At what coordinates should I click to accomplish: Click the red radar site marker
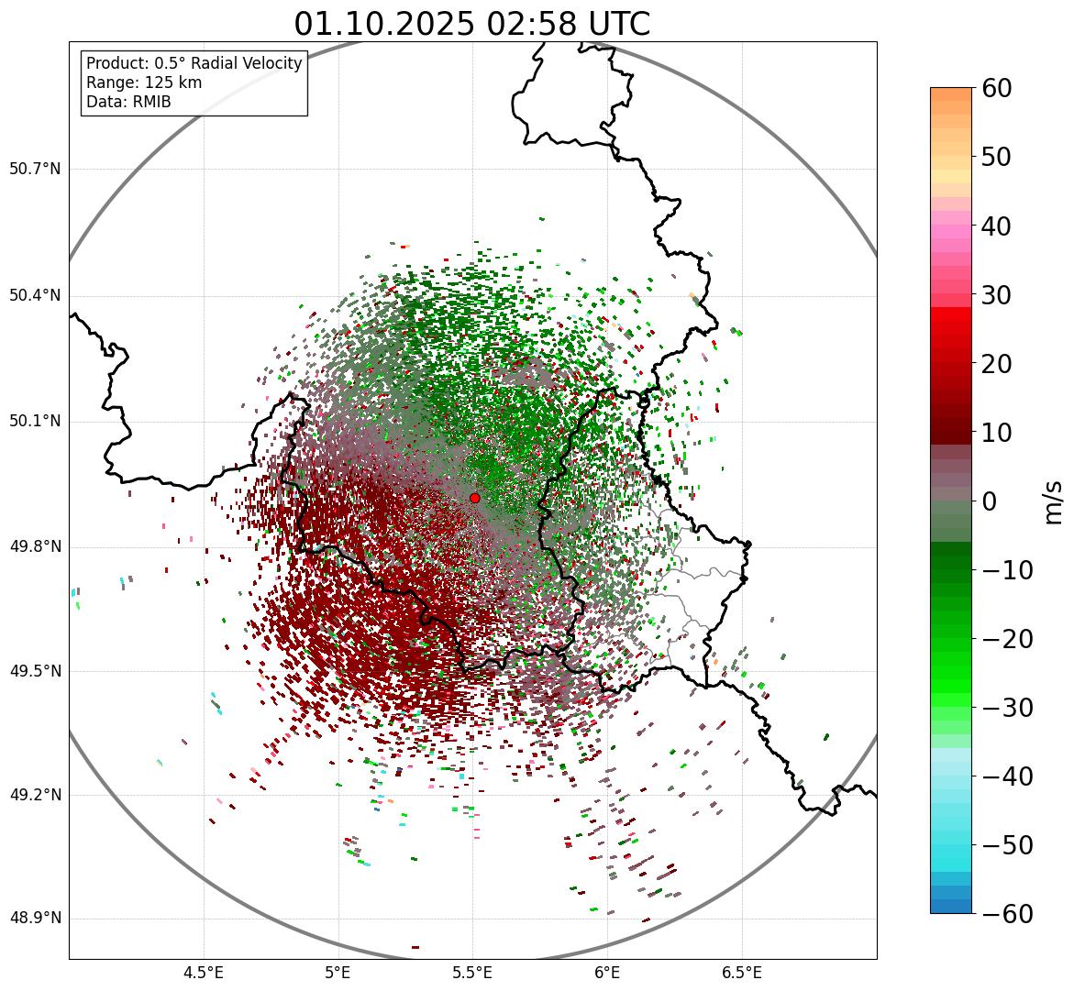point(474,498)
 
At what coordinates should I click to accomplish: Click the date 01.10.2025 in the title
point(384,25)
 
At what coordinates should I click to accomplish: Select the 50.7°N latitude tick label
point(35,169)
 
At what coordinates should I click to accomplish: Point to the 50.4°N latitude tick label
point(35,295)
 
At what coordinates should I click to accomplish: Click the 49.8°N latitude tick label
point(35,546)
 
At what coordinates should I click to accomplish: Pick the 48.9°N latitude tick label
point(35,919)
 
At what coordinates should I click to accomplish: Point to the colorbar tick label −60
point(1008,914)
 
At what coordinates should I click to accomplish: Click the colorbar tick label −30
point(1008,708)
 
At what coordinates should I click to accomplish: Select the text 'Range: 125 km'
point(144,83)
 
